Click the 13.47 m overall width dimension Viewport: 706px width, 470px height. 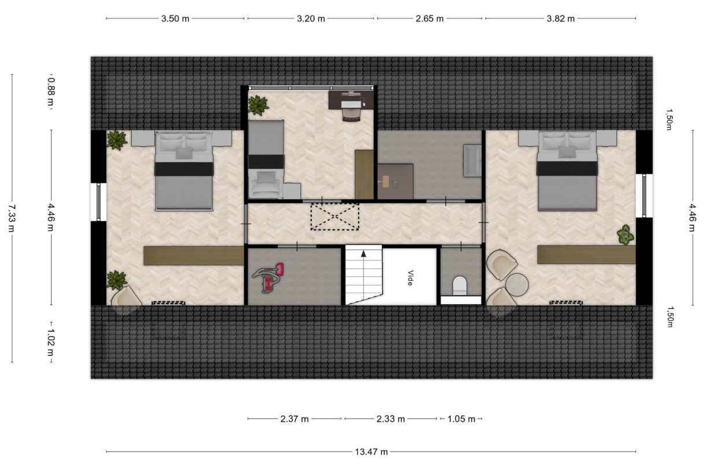pyautogui.click(x=371, y=452)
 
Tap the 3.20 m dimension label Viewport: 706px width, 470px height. pyautogui.click(x=311, y=18)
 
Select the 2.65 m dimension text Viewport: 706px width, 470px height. pyautogui.click(x=429, y=18)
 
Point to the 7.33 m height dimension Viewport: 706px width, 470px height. pyautogui.click(x=12, y=218)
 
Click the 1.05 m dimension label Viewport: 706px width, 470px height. pyautogui.click(x=461, y=419)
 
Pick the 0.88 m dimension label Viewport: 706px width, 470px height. pyautogui.click(x=51, y=91)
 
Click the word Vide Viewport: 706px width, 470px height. pyautogui.click(x=410, y=277)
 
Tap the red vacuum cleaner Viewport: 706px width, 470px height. pyautogui.click(x=268, y=277)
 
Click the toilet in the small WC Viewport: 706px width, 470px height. pyautogui.click(x=459, y=286)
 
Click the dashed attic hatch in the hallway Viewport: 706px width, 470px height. pyautogui.click(x=334, y=217)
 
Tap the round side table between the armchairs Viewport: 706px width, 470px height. pyautogui.click(x=517, y=284)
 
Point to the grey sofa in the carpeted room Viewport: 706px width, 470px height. pyautogui.click(x=472, y=161)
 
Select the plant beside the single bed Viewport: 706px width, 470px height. pyautogui.click(x=258, y=105)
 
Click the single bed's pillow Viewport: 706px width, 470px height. pyautogui.click(x=266, y=178)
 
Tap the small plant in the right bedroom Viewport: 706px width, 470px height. pyautogui.click(x=626, y=235)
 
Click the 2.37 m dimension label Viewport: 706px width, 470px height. pyautogui.click(x=295, y=419)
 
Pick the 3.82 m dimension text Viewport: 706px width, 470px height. pyautogui.click(x=561, y=18)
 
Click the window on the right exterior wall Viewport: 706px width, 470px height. pyautogui.click(x=644, y=195)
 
